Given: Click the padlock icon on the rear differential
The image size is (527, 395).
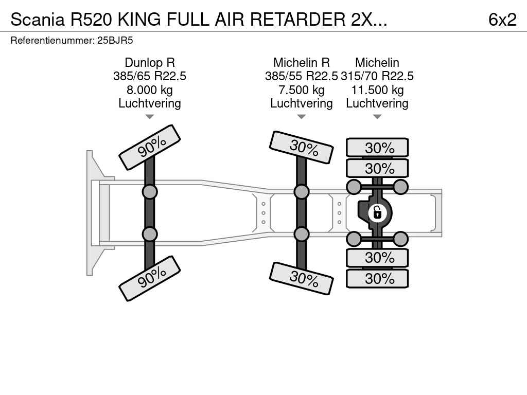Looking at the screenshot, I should pos(377,212).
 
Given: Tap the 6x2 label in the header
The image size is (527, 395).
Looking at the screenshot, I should pos(502,20).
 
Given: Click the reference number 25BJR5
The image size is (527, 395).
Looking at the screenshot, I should pos(115,40).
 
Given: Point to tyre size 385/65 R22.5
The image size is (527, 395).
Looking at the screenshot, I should pos(149,76).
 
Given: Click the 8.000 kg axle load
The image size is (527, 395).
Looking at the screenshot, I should pos(149,90).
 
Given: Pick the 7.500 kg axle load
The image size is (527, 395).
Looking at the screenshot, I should pos(301,90).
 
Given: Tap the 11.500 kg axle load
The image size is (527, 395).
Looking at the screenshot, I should pos(377,90).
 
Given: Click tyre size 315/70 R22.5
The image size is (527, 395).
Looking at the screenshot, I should pos(377,76).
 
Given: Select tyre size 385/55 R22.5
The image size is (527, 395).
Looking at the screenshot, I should pos(301,76).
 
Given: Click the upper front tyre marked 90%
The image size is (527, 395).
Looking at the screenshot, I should pos(150,147).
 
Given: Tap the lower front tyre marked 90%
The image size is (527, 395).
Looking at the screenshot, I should pos(150,278).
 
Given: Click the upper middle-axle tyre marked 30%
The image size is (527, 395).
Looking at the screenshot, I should pos(301,148).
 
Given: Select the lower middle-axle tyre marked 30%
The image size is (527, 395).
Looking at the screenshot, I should pos(301,278).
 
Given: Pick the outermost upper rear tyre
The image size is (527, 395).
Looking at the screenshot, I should pos(377,148).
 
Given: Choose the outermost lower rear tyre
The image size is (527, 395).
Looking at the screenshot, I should pos(377,279).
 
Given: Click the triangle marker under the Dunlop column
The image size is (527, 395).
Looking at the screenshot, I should pos(149,117).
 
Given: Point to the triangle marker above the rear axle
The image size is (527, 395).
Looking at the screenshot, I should pos(377,117).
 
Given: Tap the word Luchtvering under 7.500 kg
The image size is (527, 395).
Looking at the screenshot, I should pos(301,103).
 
